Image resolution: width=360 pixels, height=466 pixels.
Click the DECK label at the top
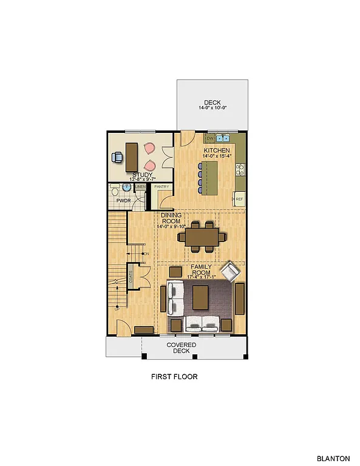click(x=212, y=103)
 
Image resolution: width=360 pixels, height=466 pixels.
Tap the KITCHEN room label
click(x=217, y=150)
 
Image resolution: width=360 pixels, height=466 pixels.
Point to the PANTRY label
click(x=161, y=187)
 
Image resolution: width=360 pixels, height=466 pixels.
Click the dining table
click(x=200, y=236)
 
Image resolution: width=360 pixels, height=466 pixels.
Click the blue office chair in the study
click(x=118, y=157)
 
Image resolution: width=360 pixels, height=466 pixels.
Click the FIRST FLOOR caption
click(x=174, y=377)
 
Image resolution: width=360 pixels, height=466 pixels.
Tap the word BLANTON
click(x=333, y=459)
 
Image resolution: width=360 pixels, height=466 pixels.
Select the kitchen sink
click(x=223, y=138)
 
